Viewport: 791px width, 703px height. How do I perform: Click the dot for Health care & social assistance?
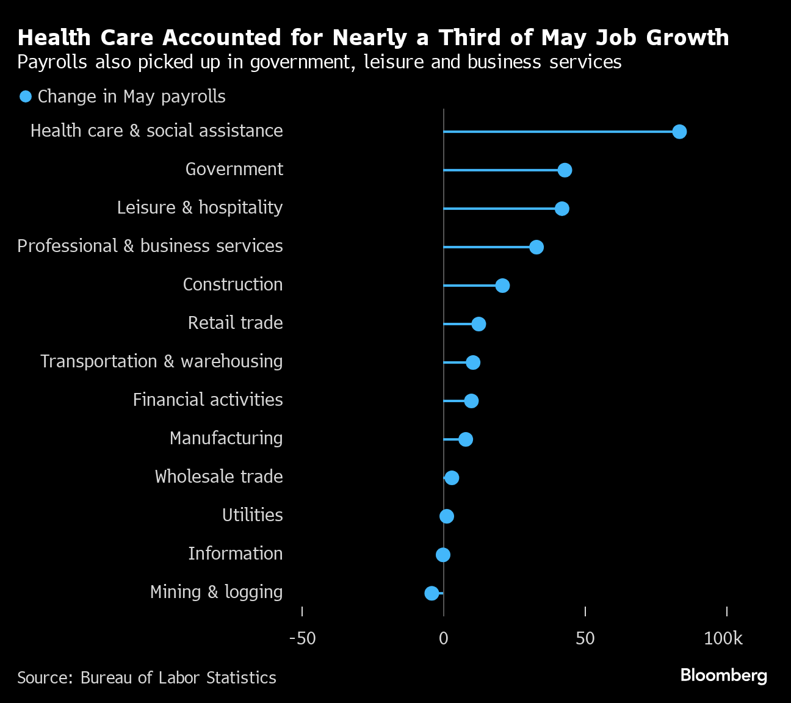(679, 132)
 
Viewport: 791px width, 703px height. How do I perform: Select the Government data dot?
(565, 170)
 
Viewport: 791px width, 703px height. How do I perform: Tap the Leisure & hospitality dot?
(562, 209)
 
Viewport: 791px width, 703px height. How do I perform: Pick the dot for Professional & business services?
(536, 247)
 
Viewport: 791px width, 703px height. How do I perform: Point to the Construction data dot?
(502, 286)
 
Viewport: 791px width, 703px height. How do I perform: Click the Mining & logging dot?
(432, 593)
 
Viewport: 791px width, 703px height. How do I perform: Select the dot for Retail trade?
(479, 324)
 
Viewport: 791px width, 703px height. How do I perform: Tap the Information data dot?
(443, 555)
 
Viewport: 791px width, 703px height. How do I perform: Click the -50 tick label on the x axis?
(302, 639)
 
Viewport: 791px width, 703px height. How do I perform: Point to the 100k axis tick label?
(723, 639)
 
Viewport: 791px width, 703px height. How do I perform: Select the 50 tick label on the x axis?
(585, 639)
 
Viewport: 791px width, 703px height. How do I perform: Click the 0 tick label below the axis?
(444, 639)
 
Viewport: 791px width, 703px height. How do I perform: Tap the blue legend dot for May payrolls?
(26, 96)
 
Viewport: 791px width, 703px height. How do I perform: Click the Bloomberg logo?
(723, 676)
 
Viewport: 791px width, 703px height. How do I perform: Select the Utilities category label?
(252, 515)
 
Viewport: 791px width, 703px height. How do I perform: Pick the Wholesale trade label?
(219, 477)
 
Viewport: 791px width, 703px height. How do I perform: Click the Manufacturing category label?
(226, 438)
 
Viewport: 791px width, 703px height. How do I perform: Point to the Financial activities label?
(208, 400)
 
